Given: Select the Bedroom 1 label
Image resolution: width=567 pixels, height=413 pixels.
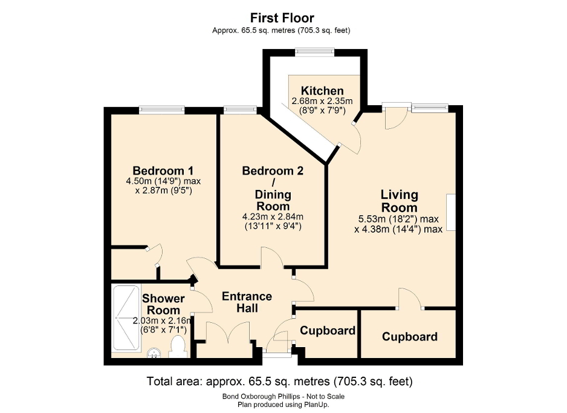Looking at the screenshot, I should pyautogui.click(x=163, y=170).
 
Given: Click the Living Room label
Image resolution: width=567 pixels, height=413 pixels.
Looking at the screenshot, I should pyautogui.click(x=399, y=201).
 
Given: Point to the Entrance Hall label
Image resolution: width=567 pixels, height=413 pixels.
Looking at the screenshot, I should pyautogui.click(x=247, y=302).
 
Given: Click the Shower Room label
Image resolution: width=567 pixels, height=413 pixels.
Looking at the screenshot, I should pyautogui.click(x=163, y=304).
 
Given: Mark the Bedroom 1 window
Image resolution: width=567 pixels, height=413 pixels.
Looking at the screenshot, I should pyautogui.click(x=161, y=109).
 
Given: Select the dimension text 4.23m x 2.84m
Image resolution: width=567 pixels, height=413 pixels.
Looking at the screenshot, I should pyautogui.click(x=273, y=217).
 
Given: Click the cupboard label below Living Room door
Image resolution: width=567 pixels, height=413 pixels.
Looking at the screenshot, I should pyautogui.click(x=410, y=336).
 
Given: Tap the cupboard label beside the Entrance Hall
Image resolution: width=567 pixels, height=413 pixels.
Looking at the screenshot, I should pyautogui.click(x=328, y=331).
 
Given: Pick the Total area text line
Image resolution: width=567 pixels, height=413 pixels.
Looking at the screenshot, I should pyautogui.click(x=280, y=382).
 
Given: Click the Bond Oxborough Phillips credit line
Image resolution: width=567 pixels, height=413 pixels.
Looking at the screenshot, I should pyautogui.click(x=283, y=396).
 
